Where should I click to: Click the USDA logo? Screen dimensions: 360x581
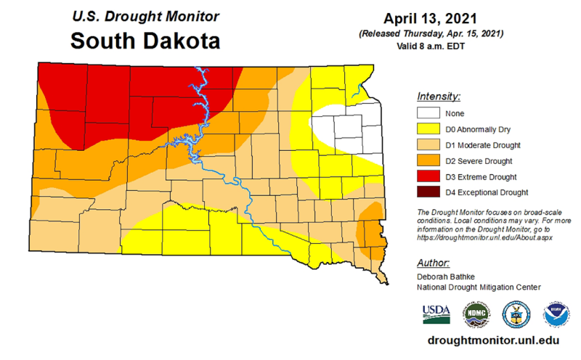436,314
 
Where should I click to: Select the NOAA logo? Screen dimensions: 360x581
556,314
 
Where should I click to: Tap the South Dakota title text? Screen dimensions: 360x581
145,41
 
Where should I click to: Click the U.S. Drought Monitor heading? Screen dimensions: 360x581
145,15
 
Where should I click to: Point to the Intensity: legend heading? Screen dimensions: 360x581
439,97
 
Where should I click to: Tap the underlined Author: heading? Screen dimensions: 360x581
434,262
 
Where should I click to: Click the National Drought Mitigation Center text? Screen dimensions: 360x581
479,287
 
